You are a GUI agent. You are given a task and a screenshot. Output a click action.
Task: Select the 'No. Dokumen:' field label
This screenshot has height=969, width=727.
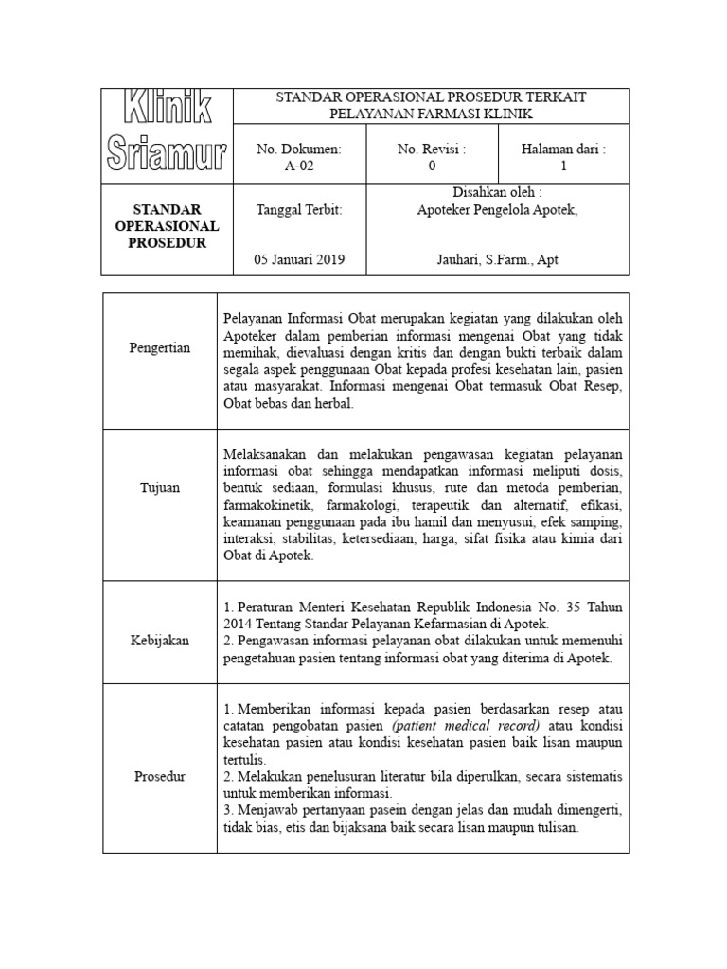coord(298,149)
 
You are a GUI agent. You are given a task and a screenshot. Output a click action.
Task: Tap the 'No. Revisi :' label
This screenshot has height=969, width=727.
coord(432,149)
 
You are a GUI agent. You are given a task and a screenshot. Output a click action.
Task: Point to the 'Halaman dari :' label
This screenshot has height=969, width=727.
coord(563,149)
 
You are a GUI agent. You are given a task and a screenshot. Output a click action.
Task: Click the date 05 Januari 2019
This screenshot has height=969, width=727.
coord(300,259)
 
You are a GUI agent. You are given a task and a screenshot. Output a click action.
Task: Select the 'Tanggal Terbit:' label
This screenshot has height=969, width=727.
coord(298,210)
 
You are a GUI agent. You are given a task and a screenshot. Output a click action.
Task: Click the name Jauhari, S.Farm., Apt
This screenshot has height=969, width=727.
coord(497,259)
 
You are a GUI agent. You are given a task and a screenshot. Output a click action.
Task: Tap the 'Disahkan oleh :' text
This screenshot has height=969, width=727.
coord(497,192)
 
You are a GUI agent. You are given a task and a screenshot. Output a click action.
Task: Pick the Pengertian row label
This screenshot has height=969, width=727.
coord(159,348)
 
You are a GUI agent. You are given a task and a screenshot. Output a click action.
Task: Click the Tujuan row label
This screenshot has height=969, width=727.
coord(159,487)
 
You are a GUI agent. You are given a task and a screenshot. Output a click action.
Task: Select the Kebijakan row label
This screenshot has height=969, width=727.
coord(159,641)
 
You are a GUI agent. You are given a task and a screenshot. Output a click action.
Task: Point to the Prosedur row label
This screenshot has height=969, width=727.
coord(159,777)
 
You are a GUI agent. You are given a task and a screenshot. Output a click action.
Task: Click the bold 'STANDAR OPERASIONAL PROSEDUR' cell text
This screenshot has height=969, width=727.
coord(166,225)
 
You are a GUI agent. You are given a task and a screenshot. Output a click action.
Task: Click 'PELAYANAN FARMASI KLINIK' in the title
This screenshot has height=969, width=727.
coord(431,114)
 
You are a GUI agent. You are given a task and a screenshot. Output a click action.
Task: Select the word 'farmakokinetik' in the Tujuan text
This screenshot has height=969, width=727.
coord(264,504)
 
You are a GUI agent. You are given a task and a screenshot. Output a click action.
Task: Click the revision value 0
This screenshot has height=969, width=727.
coord(432,166)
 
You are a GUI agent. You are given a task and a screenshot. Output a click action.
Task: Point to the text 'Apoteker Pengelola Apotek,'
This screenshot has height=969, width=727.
coord(497,210)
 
